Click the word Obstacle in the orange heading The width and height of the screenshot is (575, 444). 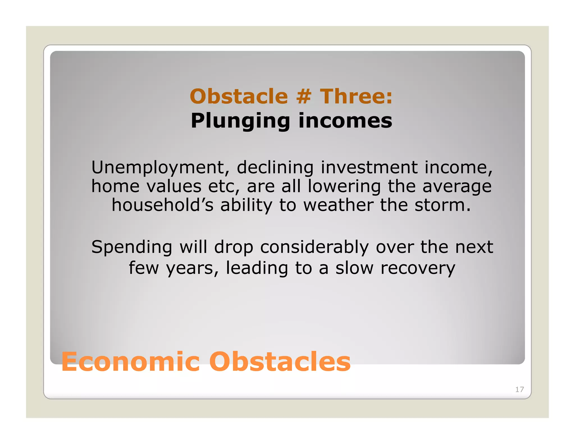(239, 96)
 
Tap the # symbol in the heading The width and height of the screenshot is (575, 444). (304, 96)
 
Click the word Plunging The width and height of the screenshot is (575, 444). (240, 121)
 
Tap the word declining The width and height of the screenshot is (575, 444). (275, 168)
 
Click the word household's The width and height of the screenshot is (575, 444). (163, 205)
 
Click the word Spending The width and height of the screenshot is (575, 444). (132, 248)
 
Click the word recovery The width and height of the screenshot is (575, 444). (418, 268)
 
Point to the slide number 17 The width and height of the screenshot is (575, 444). (519, 389)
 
